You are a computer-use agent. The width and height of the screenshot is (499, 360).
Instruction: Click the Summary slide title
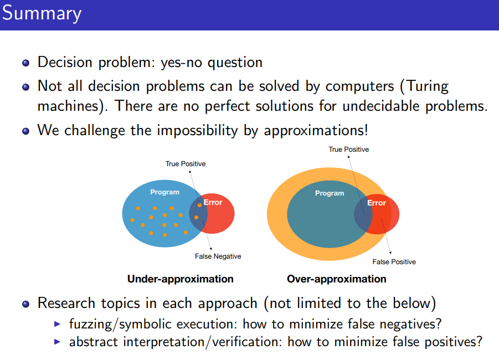click(42, 14)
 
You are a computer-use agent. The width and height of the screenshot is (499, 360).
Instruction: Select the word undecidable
click(381, 106)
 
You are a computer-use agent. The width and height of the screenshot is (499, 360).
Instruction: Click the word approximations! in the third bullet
click(316, 131)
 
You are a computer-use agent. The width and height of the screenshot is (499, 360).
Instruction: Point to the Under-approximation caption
click(181, 279)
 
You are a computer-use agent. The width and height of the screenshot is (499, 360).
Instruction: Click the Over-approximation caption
click(337, 279)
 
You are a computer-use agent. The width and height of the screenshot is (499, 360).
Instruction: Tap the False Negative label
click(218, 256)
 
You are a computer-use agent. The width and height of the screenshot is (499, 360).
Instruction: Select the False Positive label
click(394, 261)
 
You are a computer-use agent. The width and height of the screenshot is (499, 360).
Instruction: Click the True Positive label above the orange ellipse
click(349, 150)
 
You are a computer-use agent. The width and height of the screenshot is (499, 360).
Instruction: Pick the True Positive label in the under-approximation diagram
click(186, 163)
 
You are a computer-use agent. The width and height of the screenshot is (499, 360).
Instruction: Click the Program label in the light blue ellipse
click(165, 192)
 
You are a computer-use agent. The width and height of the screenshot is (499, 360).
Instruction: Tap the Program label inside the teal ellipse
click(330, 193)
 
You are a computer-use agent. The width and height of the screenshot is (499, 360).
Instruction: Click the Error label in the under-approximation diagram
click(213, 202)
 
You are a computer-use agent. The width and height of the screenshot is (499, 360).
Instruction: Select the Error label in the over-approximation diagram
click(377, 203)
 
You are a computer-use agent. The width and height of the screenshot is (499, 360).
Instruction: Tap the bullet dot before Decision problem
click(26, 63)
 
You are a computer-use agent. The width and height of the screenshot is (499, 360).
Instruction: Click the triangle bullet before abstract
click(57, 342)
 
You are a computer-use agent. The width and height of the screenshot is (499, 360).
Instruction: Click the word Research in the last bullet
click(66, 303)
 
